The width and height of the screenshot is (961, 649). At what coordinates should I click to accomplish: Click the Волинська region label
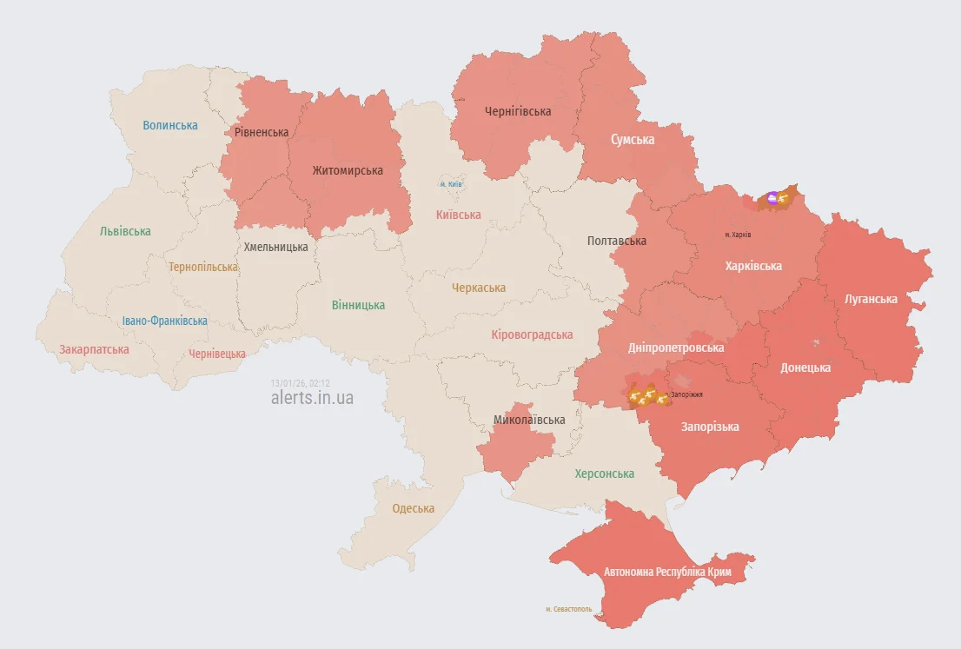click(170, 125)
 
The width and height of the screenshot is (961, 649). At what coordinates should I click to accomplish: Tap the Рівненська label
click(262, 132)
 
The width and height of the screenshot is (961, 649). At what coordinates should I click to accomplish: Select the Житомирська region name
click(348, 170)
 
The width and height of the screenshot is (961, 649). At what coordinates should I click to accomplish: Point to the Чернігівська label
click(518, 111)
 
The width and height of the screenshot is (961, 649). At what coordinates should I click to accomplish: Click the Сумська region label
click(633, 139)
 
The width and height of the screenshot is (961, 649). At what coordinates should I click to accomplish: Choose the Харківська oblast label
click(753, 266)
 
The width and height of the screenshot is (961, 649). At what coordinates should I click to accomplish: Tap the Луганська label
click(871, 299)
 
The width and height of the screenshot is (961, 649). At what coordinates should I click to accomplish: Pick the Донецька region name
click(805, 368)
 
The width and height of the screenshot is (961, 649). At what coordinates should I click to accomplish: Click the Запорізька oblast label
click(710, 427)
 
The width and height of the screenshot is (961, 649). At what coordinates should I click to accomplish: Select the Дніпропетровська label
click(676, 348)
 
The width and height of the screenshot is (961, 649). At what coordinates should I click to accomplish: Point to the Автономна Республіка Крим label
click(668, 573)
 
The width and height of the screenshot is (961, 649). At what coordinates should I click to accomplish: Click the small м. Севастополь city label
click(568, 609)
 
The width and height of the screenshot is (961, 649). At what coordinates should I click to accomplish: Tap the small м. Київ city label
click(451, 184)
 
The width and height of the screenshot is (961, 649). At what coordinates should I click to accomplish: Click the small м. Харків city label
click(738, 235)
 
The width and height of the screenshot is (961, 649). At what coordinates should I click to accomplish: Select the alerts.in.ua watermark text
click(312, 398)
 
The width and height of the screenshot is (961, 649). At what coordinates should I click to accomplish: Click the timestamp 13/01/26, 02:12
click(301, 382)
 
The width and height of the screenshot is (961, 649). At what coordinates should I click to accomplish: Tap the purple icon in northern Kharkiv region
click(773, 197)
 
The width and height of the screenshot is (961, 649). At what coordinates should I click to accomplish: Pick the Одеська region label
click(413, 508)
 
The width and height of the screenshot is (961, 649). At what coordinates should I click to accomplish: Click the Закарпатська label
click(94, 349)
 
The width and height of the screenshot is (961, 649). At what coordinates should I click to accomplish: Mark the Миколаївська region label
click(529, 420)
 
